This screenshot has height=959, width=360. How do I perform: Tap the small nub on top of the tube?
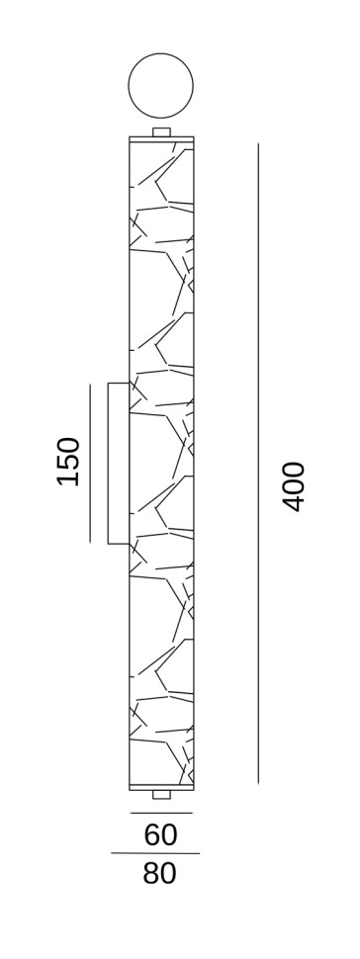click(x=161, y=132)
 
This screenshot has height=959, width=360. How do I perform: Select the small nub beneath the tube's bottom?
click(x=161, y=795)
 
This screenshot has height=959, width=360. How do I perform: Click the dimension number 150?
click(x=69, y=462)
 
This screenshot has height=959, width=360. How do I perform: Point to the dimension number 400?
click(x=294, y=486)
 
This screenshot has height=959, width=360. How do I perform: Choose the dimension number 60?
click(x=160, y=834)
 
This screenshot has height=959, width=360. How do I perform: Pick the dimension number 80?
click(x=160, y=873)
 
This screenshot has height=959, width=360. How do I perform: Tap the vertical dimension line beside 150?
click(x=91, y=463)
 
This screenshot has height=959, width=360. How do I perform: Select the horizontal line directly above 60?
click(x=161, y=814)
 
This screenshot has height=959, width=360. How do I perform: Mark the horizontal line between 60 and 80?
click(x=155, y=853)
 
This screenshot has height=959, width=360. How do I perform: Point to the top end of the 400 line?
click(x=258, y=143)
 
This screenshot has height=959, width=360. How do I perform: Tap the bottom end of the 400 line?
click(x=258, y=784)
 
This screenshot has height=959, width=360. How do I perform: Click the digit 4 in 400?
click(x=294, y=503)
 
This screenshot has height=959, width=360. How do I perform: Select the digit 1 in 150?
click(x=69, y=479)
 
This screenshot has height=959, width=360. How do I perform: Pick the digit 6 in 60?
click(x=152, y=834)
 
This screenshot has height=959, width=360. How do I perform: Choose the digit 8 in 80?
click(x=151, y=873)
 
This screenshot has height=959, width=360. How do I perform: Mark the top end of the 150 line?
click(x=91, y=384)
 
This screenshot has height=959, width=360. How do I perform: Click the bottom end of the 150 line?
click(x=91, y=543)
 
